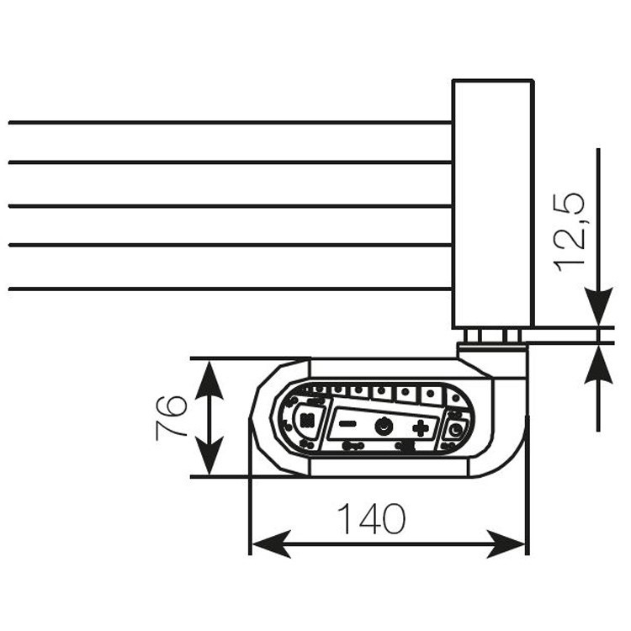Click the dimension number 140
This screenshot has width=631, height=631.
click(371, 519)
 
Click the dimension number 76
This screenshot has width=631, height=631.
click(171, 417)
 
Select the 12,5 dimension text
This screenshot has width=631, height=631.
click(571, 232)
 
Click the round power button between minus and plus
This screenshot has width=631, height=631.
click(384, 427)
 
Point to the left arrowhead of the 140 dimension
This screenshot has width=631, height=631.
click(268, 544)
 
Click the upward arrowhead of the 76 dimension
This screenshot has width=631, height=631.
click(209, 378)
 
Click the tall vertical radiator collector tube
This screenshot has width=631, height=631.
click(492, 202)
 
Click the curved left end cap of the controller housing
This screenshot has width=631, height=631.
click(268, 417)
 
